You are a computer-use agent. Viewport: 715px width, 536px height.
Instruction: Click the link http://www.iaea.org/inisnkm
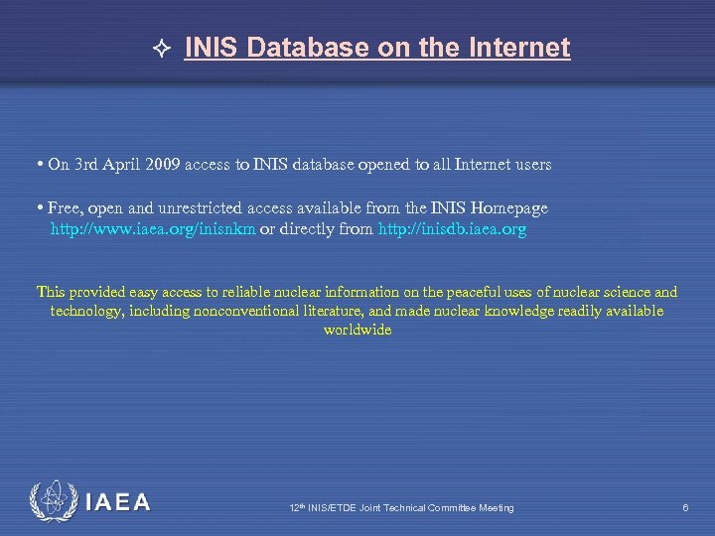coord(153,229)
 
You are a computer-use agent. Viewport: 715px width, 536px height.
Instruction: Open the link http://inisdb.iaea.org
coord(453,229)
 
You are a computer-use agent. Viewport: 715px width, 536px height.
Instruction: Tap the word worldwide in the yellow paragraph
coord(357,331)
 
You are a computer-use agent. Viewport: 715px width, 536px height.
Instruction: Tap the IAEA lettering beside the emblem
coord(117,503)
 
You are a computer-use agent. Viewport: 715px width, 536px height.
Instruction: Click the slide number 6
coord(685,508)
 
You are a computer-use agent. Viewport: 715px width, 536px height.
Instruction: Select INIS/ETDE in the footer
coord(332,508)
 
